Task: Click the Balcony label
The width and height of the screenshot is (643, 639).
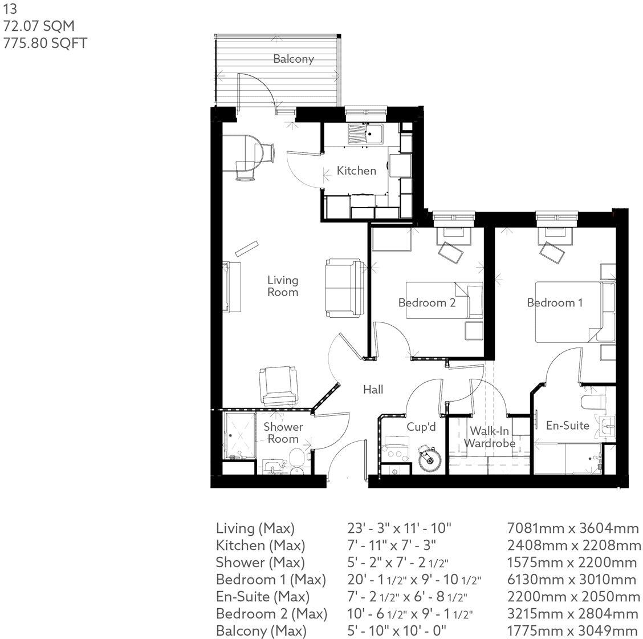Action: (x=293, y=59)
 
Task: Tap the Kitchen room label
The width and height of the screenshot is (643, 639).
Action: (x=356, y=171)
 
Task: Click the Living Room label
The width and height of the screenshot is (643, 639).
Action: (x=283, y=286)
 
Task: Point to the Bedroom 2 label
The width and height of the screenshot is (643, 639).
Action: (x=426, y=303)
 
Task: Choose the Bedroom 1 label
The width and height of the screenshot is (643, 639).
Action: (x=555, y=303)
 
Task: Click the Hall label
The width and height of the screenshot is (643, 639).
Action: (x=373, y=390)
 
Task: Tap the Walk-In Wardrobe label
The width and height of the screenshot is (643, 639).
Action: (x=489, y=438)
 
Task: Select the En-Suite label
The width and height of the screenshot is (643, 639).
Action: (x=567, y=425)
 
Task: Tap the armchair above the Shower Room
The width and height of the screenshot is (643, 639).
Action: (x=278, y=386)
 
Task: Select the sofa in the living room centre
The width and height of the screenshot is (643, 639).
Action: (x=343, y=288)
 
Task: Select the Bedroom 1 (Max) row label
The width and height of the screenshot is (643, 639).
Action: (x=271, y=580)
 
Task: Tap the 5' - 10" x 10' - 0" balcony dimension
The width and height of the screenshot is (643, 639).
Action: (x=397, y=631)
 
